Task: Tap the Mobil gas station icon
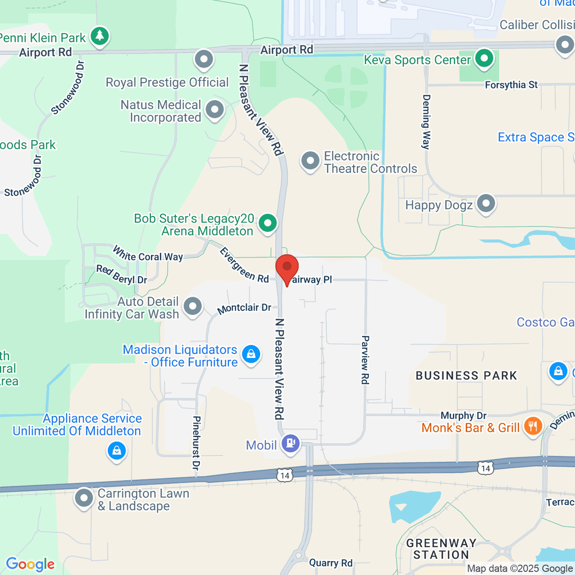(290, 443)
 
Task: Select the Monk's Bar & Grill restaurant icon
(532, 425)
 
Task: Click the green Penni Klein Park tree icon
(100, 36)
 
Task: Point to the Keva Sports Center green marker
(484, 59)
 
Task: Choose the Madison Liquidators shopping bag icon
(251, 355)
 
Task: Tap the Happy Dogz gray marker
(486, 203)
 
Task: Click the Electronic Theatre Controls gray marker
(310, 161)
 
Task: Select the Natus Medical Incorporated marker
(215, 110)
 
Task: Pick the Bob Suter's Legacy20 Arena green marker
(267, 223)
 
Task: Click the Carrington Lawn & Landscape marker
(84, 498)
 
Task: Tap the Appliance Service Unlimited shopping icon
(116, 450)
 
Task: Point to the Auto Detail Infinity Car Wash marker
(193, 306)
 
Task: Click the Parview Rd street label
(365, 359)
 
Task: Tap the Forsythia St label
(511, 85)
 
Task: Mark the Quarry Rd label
(331, 563)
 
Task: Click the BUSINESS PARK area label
(466, 376)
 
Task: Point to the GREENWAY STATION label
(441, 549)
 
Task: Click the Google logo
(30, 564)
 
